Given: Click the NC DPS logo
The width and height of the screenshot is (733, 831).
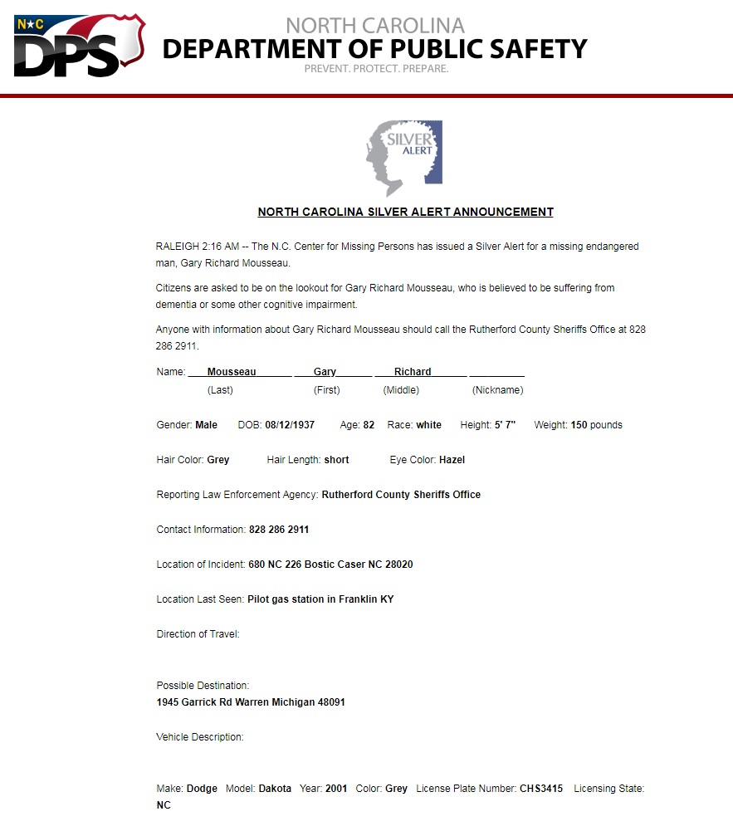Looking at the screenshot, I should coord(79,46).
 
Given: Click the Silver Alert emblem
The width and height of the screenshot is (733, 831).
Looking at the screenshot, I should coord(403,157).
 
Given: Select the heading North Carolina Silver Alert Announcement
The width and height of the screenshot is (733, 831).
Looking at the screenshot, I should coord(405,212).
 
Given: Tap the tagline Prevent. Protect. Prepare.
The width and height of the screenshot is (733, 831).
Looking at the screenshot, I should coord(376,69).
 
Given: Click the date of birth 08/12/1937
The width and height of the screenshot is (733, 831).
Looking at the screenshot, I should coord(290,425).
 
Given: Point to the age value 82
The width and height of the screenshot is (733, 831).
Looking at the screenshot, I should coord(369,425).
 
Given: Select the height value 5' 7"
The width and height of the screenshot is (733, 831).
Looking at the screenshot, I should coord(500,425).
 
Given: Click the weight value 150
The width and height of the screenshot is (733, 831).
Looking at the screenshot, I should coord(579,425).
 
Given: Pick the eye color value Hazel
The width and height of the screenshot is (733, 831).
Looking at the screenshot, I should coord(452,460).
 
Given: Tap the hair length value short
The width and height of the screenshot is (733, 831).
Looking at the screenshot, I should coord(336,460).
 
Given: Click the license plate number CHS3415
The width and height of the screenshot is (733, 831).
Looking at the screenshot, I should coord(541,789).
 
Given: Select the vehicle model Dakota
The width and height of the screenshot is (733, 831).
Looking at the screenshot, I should coord(275,789).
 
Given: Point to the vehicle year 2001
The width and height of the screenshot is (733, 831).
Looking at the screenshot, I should coord(336,789).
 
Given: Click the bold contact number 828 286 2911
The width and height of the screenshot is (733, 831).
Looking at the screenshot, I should coord(279,530).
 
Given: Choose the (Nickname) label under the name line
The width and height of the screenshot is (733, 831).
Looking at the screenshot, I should coord(497,390).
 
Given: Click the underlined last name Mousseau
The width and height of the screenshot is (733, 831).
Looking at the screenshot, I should coord(232,372).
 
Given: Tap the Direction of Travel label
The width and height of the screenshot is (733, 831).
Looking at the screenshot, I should coord(198,634).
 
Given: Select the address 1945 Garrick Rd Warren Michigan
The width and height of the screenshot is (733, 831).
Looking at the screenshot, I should coord(251,702).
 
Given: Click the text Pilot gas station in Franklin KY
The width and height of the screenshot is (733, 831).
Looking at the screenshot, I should coord(320,599).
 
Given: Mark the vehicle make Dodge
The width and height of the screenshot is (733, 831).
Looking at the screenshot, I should coord(202,789).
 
